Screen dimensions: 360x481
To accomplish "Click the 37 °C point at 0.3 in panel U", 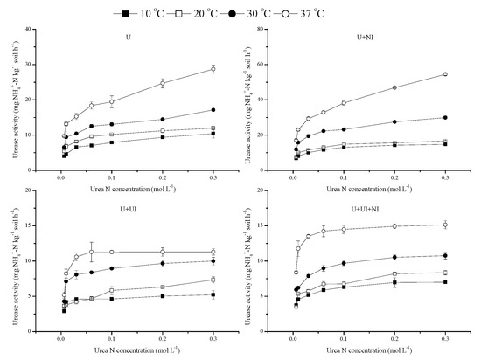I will point(213,69).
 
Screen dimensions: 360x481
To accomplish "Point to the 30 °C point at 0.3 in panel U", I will point(213,110).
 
